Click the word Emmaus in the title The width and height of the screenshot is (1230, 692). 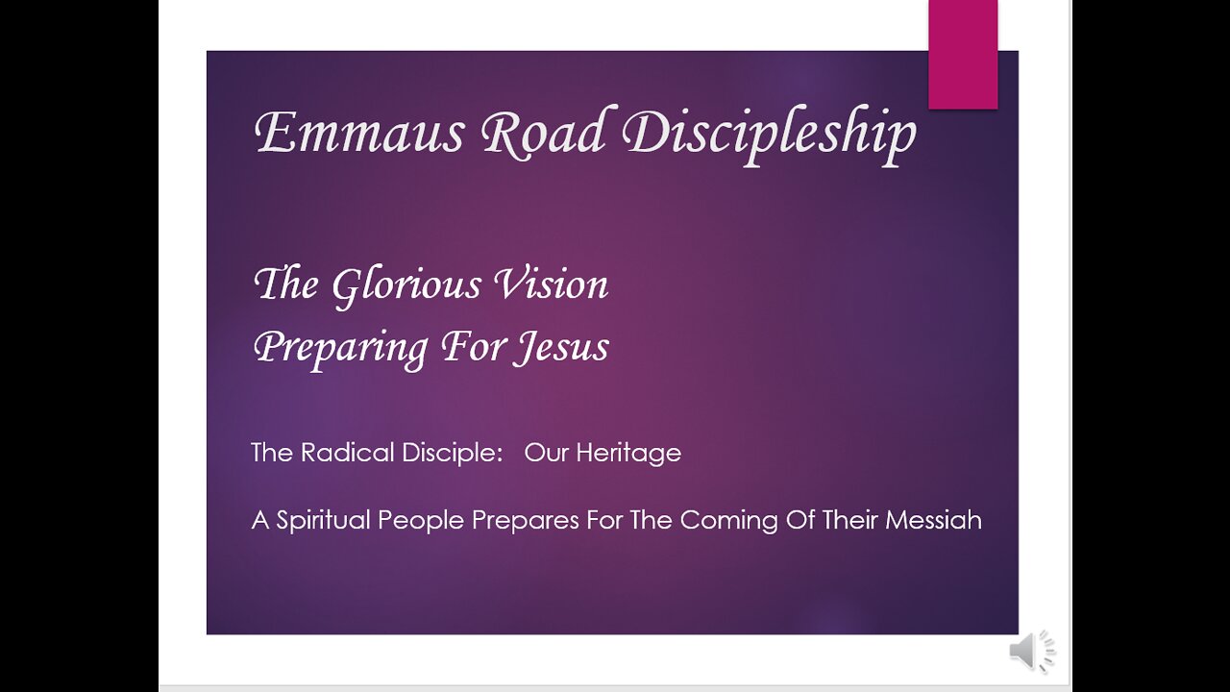click(x=359, y=133)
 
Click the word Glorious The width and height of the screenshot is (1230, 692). click(x=406, y=286)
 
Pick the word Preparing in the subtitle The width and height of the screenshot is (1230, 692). click(x=340, y=349)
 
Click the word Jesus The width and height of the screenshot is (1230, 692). click(x=561, y=348)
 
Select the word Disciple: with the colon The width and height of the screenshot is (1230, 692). click(x=453, y=454)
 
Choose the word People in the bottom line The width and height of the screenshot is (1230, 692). click(x=422, y=521)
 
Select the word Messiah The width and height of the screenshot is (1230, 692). click(x=933, y=520)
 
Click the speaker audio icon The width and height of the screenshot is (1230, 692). click(x=1031, y=652)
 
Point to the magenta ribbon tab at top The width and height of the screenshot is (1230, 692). click(x=963, y=55)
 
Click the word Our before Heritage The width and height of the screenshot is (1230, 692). click(x=547, y=453)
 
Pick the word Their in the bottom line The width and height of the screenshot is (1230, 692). click(x=850, y=520)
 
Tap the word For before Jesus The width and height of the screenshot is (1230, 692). click(x=474, y=347)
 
